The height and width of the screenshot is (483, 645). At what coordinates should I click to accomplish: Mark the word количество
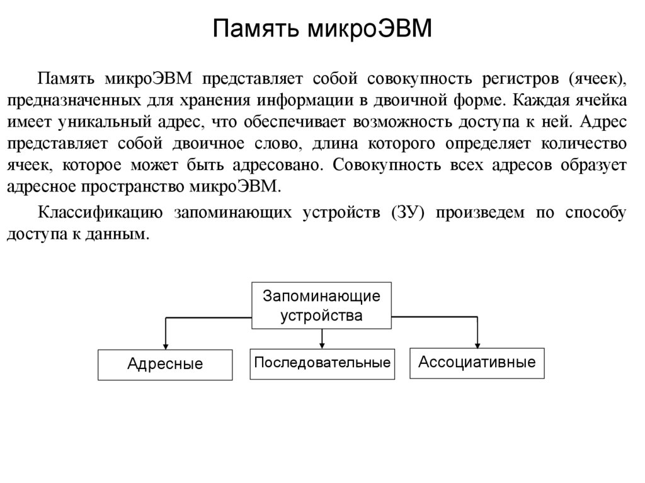point(583,144)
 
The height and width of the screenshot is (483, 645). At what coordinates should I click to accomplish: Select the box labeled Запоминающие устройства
point(321,305)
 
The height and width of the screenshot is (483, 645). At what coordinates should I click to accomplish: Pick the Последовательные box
point(322,363)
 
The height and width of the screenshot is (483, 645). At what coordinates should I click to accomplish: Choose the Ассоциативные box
point(477,362)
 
